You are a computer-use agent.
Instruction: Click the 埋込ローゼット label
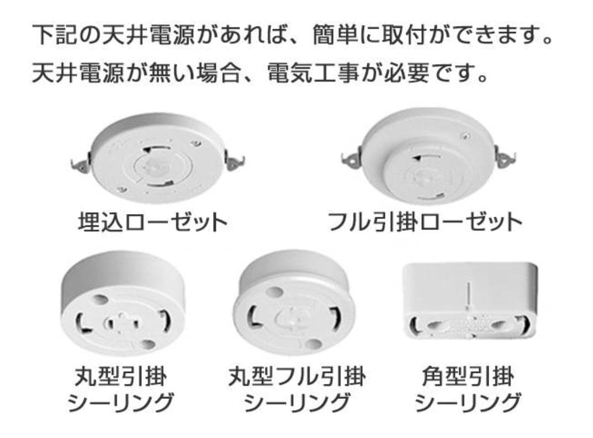(x=152, y=222)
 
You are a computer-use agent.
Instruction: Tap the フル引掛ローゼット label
(x=425, y=222)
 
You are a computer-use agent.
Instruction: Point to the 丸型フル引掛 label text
(x=296, y=377)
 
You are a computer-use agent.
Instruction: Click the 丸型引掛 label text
(x=120, y=377)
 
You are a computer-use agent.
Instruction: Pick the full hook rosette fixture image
(x=428, y=157)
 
